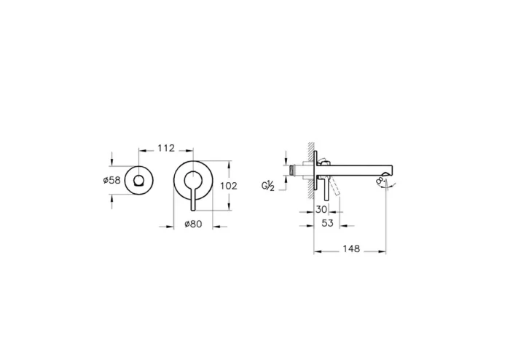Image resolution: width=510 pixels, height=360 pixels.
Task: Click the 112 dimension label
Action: pos(165,149)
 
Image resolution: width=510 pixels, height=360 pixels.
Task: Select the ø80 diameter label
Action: pos(194,224)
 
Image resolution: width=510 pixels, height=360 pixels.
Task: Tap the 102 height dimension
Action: pos(228,185)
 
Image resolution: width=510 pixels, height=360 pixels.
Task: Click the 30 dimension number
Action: pos(322,209)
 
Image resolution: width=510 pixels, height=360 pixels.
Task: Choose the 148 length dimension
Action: pos(350,249)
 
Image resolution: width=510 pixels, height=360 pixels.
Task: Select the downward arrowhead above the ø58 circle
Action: pos(111,163)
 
